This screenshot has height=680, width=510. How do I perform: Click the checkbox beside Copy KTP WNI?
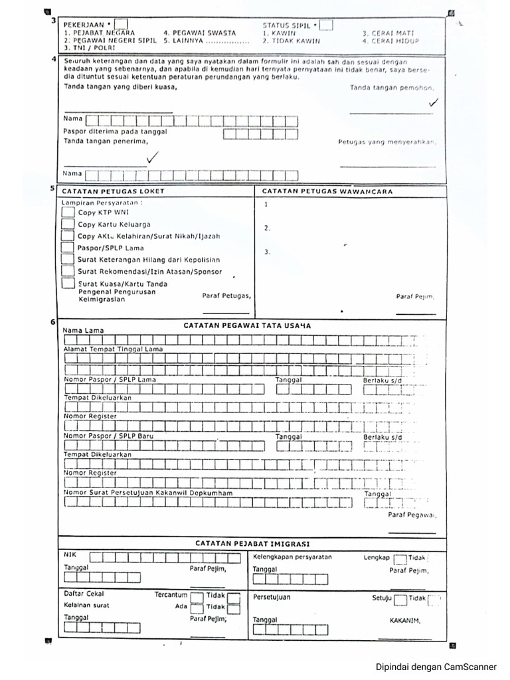[x=68, y=212]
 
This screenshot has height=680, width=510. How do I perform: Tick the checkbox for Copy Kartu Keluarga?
[x=68, y=224]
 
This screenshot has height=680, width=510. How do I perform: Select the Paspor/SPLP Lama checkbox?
[x=68, y=248]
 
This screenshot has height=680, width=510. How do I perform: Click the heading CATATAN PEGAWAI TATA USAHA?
[x=246, y=325]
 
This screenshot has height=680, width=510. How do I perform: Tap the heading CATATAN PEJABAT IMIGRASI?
[x=252, y=543]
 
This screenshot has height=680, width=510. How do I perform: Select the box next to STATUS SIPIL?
[x=326, y=25]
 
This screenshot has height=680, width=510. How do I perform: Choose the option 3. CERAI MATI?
[x=388, y=33]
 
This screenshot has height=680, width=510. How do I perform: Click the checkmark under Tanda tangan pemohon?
[x=434, y=103]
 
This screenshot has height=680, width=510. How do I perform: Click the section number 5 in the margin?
[x=52, y=189]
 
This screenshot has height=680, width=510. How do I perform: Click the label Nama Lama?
[x=83, y=330]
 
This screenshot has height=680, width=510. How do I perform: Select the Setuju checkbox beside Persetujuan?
[x=400, y=600]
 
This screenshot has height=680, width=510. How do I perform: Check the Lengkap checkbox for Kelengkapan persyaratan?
[x=400, y=559]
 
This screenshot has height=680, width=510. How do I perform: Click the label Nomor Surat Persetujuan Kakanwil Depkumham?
[x=148, y=493]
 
